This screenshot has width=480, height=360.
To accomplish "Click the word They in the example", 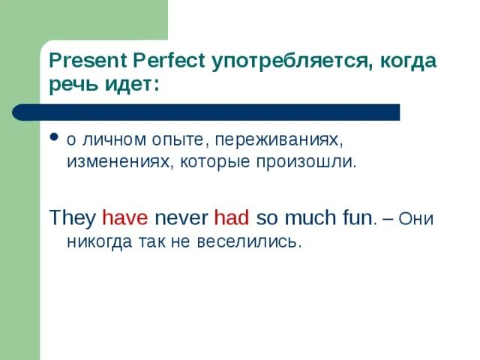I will click(x=72, y=218).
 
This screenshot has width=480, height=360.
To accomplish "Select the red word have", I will click(x=125, y=218).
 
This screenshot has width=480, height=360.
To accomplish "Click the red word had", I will click(x=232, y=218).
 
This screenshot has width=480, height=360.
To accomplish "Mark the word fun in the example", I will click(x=356, y=218).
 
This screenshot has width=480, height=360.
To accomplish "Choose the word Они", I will click(x=417, y=218).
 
